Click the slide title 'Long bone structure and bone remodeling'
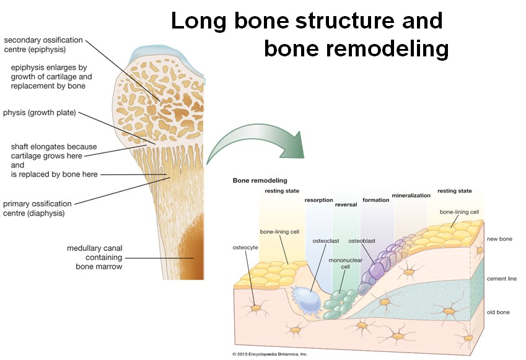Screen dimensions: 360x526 click(x=310, y=34)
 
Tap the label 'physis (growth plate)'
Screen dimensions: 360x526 click(x=43, y=113)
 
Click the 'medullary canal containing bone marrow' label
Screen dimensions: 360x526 click(x=95, y=257)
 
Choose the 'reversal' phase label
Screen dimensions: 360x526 click(x=346, y=204)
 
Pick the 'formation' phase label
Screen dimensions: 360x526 click(x=376, y=200)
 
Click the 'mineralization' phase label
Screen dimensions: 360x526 click(x=411, y=195)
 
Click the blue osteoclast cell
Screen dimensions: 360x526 click(x=307, y=301)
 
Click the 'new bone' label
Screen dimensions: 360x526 click(x=499, y=239)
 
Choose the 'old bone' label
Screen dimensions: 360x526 click(x=499, y=312)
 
